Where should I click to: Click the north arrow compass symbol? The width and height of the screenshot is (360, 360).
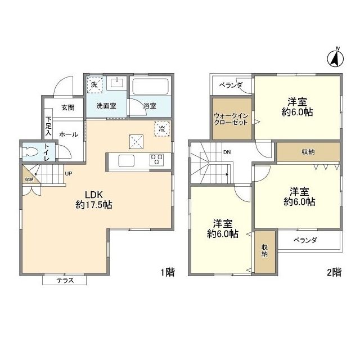(x=336, y=58)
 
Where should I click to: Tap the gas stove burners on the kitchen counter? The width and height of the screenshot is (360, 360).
(x=156, y=160)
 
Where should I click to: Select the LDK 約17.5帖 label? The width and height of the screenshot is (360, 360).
(x=94, y=201)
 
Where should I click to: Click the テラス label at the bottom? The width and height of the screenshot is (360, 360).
(x=64, y=280)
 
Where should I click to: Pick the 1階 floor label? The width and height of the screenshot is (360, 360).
(x=167, y=273)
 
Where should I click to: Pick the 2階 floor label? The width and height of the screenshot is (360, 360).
(x=334, y=273)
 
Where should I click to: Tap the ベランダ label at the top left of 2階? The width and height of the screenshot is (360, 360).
(x=231, y=85)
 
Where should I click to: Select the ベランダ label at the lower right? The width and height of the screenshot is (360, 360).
(x=305, y=240)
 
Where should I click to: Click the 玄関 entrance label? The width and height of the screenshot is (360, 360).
(x=67, y=107)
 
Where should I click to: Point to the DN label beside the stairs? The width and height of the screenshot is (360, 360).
(x=227, y=152)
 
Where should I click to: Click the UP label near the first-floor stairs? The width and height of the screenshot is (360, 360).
(x=67, y=173)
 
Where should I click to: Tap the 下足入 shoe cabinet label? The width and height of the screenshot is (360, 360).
(x=49, y=127)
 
